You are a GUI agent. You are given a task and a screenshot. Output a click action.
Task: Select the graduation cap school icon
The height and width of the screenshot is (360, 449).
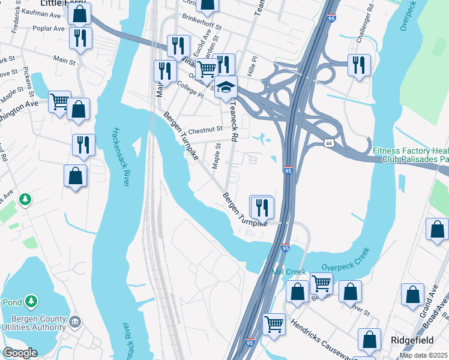point(226,88)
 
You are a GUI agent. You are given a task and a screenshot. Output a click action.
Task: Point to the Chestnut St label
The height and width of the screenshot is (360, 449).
point(205,129)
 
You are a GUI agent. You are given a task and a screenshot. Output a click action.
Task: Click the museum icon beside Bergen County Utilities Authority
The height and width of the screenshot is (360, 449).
point(75,322)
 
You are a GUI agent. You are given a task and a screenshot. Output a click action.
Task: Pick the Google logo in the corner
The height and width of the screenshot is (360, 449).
point(20,353)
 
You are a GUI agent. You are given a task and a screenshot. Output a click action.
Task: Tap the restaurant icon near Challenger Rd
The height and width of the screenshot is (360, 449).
point(359,65)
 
